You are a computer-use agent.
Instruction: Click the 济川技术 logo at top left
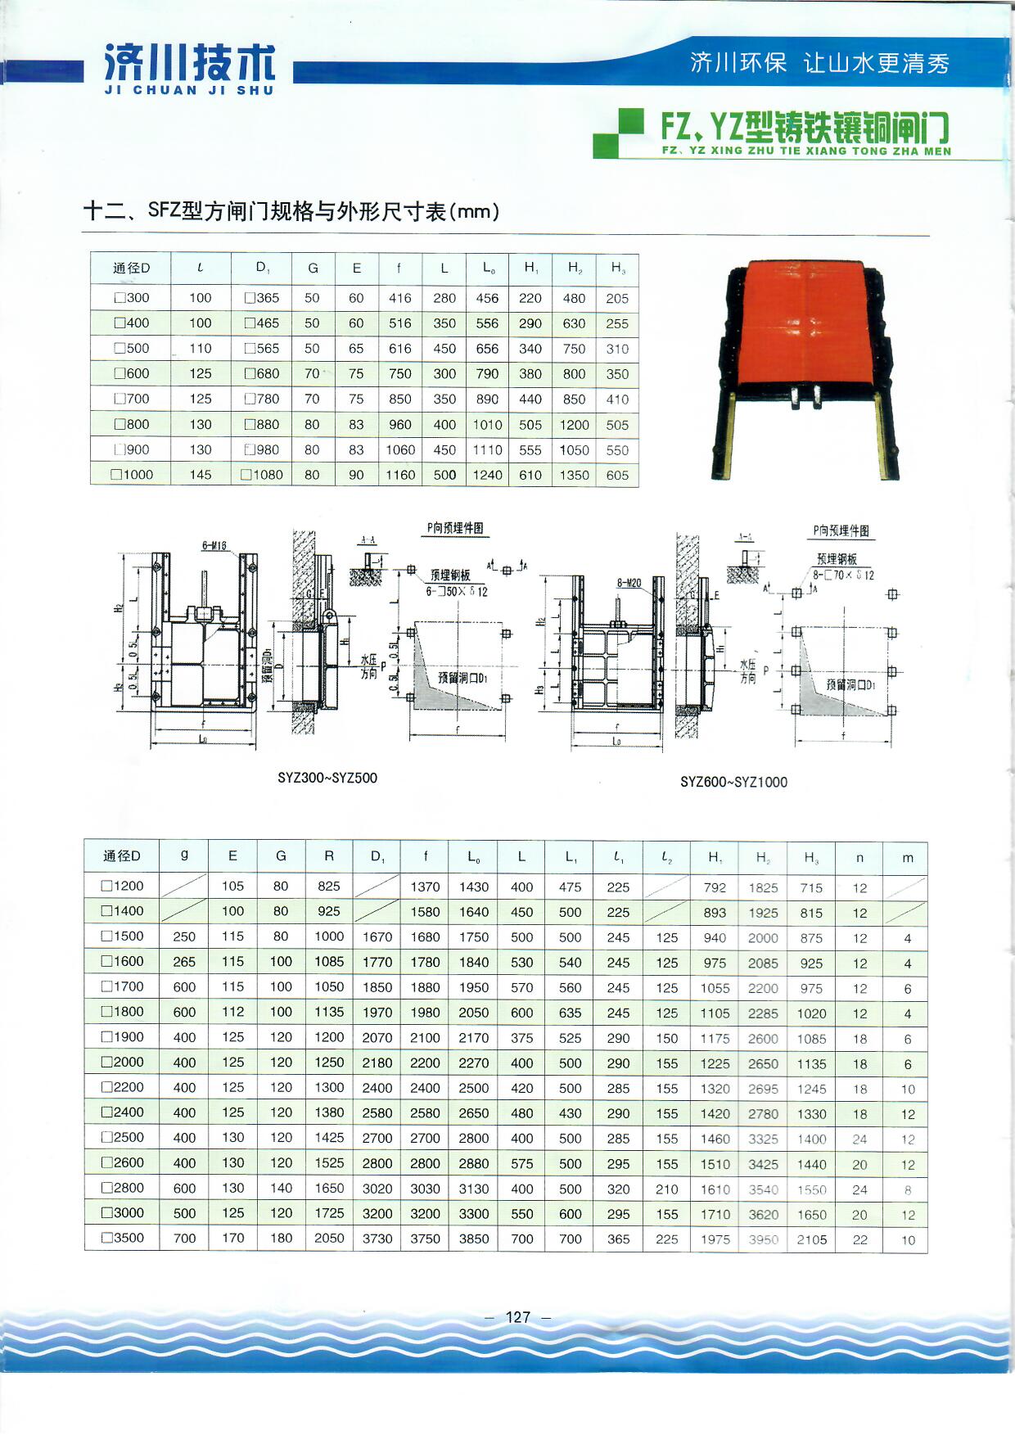click(x=189, y=67)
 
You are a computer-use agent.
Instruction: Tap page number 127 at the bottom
click(x=518, y=1316)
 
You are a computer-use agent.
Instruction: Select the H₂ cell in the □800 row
click(x=574, y=424)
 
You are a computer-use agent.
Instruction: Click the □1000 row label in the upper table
click(x=131, y=474)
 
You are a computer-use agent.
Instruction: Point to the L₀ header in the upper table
click(x=488, y=268)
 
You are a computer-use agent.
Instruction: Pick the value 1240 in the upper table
click(x=487, y=475)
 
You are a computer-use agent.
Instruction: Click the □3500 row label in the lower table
click(x=123, y=1238)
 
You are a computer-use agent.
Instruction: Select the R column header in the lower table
click(x=329, y=856)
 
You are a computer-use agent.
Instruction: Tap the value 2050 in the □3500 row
click(x=329, y=1238)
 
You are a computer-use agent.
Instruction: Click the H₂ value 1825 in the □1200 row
click(x=763, y=887)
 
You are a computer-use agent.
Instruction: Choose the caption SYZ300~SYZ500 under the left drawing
click(x=327, y=778)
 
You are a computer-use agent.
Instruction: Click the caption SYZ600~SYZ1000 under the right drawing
click(x=733, y=782)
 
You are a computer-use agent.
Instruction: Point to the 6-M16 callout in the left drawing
click(x=214, y=546)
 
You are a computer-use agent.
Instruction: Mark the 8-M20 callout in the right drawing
click(x=629, y=583)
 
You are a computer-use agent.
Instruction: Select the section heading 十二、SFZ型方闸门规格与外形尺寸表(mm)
click(x=291, y=211)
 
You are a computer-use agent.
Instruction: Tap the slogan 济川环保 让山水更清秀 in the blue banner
click(x=819, y=63)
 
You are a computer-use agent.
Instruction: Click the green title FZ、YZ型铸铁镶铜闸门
click(x=805, y=128)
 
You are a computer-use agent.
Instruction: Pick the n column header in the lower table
click(x=859, y=858)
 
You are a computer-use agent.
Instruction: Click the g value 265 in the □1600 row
click(x=184, y=962)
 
